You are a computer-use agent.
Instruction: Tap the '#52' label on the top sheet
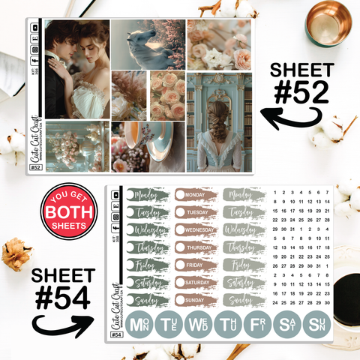click(35, 168)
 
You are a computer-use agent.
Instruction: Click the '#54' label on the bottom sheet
click(116, 334)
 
